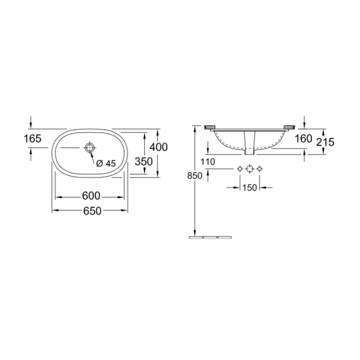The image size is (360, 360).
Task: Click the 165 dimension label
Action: coord(32,138)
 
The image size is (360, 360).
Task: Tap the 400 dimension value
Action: coord(158,147)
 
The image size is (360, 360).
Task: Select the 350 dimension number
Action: coord(143,161)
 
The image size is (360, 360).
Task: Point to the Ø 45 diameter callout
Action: coord(106,163)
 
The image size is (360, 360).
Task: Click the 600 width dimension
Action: coord(91,196)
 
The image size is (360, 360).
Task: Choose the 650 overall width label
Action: coord(92,211)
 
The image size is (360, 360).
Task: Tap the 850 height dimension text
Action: coord(194,176)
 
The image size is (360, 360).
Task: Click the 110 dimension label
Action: coord(208,162)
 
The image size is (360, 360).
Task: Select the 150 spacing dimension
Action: coord(249,188)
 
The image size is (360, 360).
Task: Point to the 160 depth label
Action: coord(303,138)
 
